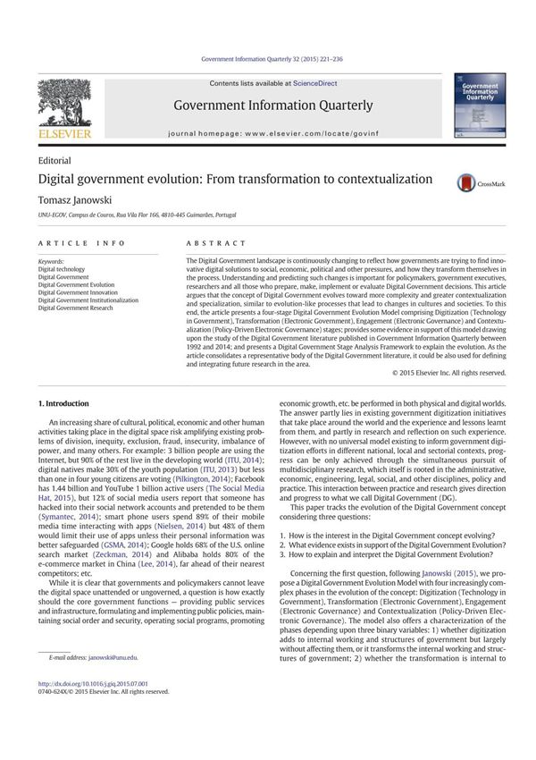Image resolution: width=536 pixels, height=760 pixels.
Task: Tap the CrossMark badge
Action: point(478,183)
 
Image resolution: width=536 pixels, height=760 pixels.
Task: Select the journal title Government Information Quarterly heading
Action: point(273,106)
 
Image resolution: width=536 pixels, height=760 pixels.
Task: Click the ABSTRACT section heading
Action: point(215,243)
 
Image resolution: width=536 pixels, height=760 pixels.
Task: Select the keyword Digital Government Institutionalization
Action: point(88,300)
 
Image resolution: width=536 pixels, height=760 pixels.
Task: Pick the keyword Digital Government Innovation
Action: point(78,292)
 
